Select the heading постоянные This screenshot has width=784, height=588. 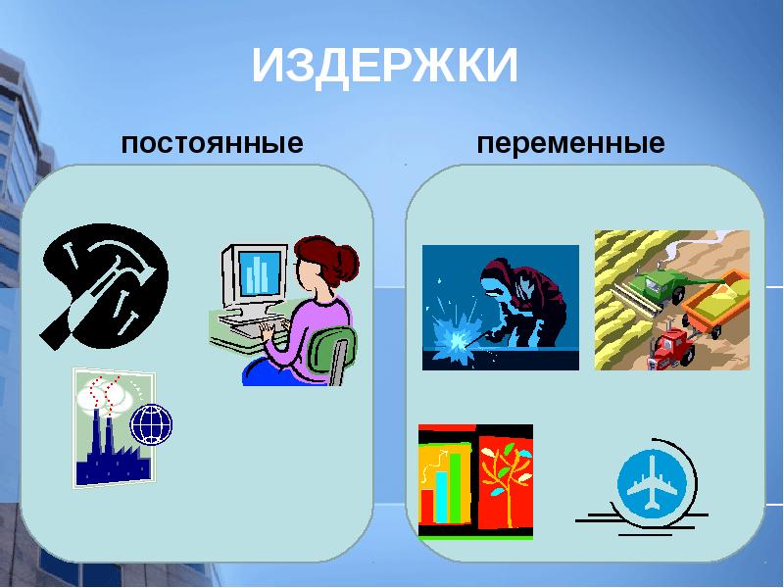tap(212, 144)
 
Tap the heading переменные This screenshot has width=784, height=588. tap(570, 144)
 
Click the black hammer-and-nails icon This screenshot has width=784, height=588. tap(103, 279)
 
